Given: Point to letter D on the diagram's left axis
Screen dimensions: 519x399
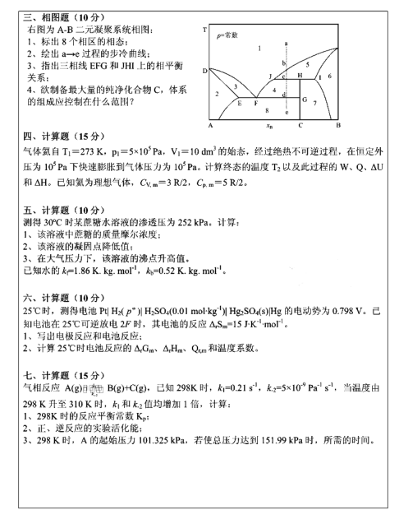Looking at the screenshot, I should point(204,72).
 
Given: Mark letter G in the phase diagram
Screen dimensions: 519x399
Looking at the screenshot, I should point(305,100).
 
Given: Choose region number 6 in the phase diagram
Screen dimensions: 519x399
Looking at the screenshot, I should point(328,76).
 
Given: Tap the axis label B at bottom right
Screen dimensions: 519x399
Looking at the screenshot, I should point(337,125).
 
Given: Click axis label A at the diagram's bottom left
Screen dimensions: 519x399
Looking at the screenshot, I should point(209,125).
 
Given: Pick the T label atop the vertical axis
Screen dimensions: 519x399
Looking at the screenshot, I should point(204,30).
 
